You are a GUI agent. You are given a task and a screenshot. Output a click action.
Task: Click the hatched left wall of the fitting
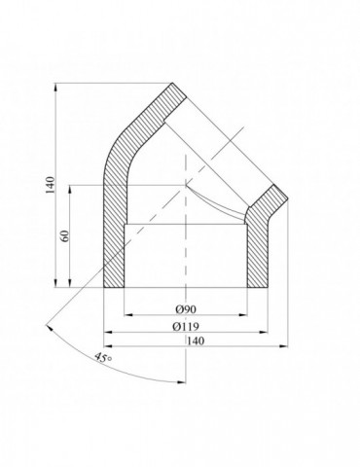115,224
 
